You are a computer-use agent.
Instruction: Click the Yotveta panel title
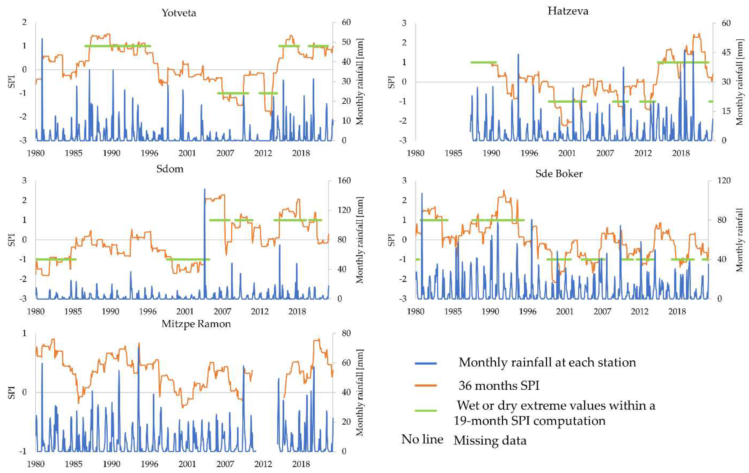click(x=179, y=13)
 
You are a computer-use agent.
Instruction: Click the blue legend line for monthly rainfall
click(x=426, y=363)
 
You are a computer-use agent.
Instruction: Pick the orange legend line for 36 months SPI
click(x=426, y=386)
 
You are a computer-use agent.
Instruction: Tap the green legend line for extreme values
click(x=426, y=410)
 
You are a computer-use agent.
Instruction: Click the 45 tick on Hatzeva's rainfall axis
click(x=726, y=52)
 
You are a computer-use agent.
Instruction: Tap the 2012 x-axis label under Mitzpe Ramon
click(x=263, y=464)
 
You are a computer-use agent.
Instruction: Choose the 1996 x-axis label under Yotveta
click(x=149, y=153)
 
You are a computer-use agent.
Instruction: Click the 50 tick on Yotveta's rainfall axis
click(x=346, y=42)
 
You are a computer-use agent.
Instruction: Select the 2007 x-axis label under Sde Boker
click(x=602, y=311)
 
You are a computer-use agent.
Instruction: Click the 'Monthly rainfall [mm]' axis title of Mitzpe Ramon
click(x=360, y=392)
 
